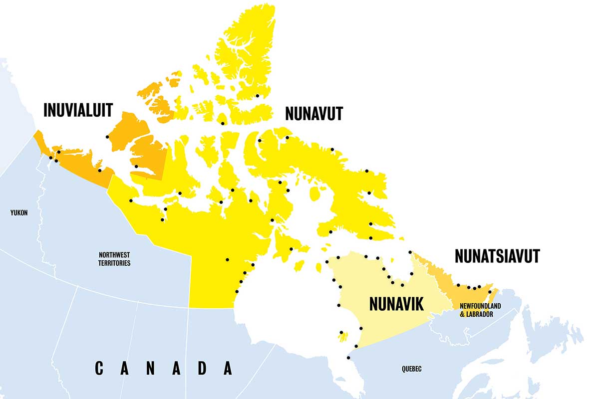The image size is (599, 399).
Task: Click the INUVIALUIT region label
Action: (x=78, y=110)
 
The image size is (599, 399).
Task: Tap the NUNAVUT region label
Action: (x=314, y=114)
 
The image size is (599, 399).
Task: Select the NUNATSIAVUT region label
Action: (x=497, y=256)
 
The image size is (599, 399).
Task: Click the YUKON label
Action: (x=19, y=213)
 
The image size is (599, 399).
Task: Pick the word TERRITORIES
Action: (x=114, y=263)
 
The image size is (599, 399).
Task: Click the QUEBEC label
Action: (x=411, y=369)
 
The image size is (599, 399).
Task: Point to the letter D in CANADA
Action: (x=202, y=369)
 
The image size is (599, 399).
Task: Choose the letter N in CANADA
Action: (x=150, y=369)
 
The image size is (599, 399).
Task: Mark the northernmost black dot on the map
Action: (x=258, y=96)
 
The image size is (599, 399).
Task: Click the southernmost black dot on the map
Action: (x=348, y=358)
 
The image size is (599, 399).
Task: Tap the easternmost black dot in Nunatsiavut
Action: (x=490, y=291)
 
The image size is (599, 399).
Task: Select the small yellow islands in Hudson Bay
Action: (x=342, y=338)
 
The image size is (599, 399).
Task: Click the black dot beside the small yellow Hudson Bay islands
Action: (x=341, y=332)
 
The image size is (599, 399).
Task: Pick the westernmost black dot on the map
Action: (x=50, y=158)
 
